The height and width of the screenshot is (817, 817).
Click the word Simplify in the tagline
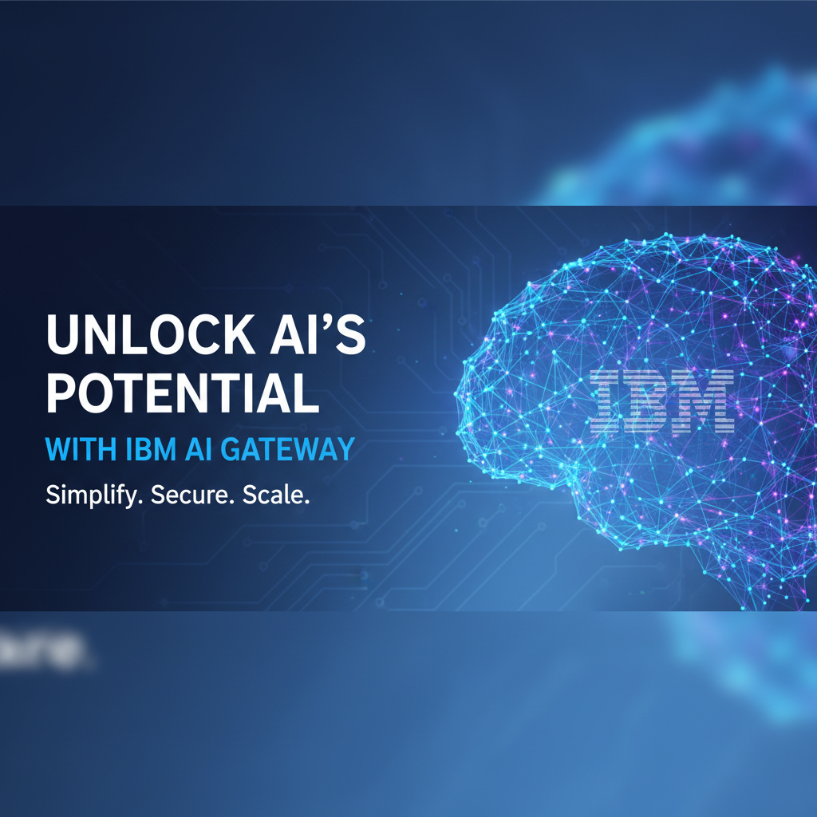click(91, 495)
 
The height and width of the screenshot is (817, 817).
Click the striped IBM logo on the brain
click(661, 401)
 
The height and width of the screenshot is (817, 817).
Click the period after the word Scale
click(306, 502)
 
